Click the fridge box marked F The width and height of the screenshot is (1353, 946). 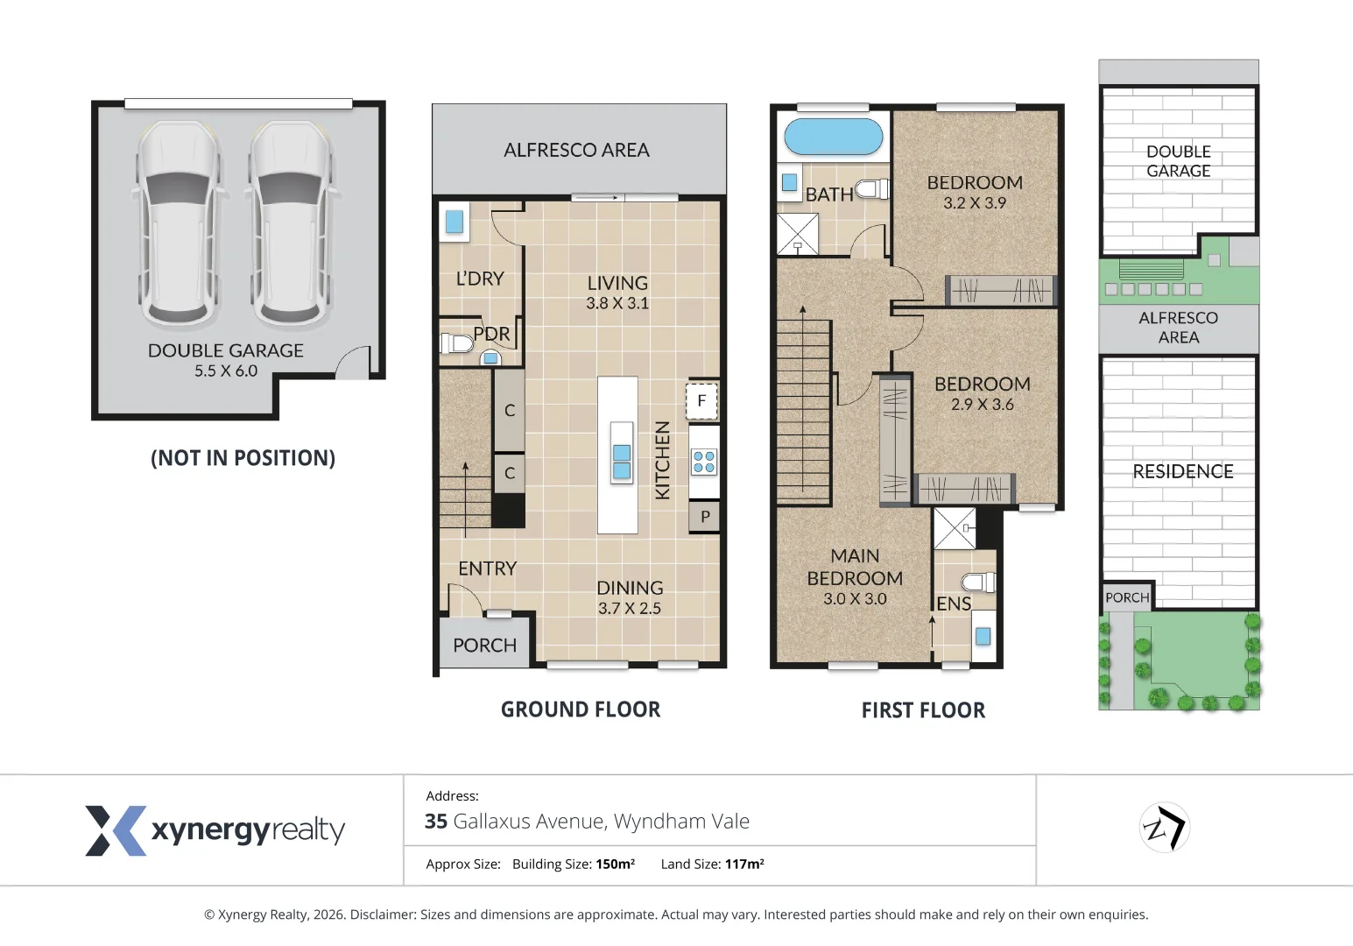(701, 400)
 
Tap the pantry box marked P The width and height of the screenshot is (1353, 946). (704, 517)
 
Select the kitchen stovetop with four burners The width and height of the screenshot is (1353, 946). (704, 462)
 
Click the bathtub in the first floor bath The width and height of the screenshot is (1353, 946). (834, 137)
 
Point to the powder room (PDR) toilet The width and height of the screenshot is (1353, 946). (456, 343)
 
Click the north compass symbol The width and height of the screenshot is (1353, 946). (1165, 827)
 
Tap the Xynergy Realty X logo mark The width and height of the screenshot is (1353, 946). (116, 830)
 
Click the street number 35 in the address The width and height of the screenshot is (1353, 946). (435, 822)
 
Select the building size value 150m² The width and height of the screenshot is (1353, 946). (615, 864)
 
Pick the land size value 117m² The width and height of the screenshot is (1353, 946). (744, 864)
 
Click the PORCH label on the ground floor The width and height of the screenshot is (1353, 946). (484, 646)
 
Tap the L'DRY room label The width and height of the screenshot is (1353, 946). (480, 279)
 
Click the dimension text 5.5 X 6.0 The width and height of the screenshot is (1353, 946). (226, 371)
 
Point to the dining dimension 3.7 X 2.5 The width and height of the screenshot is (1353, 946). (630, 608)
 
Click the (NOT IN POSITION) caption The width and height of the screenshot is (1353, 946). (243, 458)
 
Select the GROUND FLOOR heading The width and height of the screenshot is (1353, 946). (581, 709)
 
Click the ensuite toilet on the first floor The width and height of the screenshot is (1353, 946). (978, 582)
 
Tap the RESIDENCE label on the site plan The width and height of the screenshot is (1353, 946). (1182, 471)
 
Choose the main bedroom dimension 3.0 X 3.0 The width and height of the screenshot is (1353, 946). (855, 598)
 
